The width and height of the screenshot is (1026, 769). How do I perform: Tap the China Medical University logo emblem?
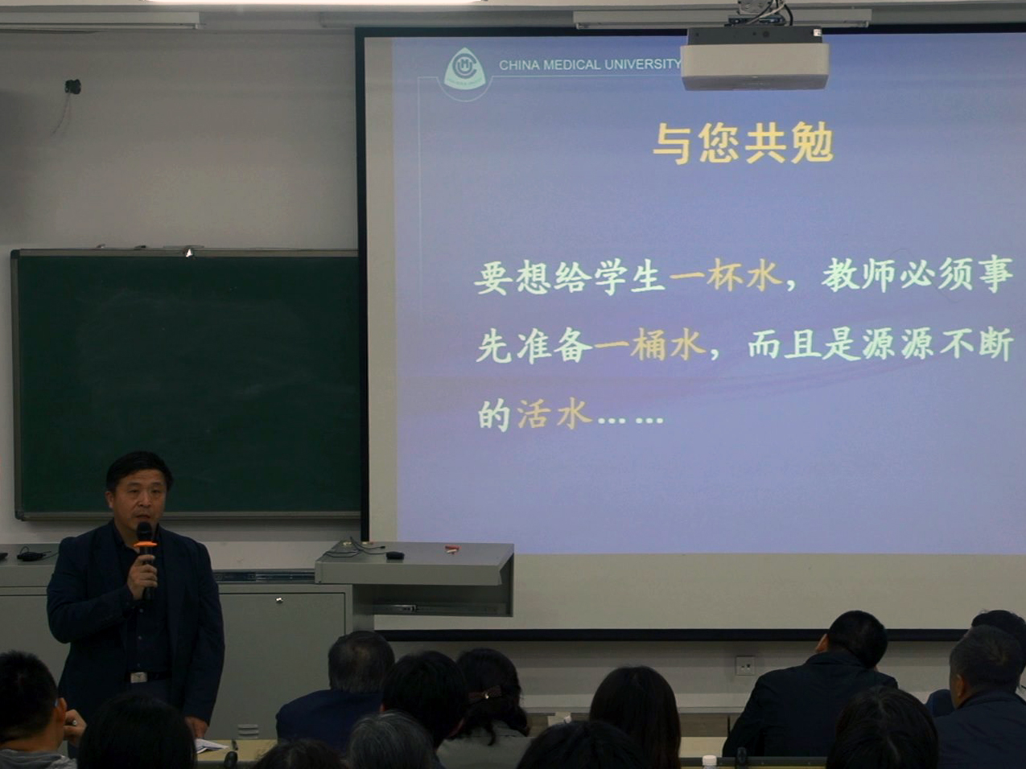464,70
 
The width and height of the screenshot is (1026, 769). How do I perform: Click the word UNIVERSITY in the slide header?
642,64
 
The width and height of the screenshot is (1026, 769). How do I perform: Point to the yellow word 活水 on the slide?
554,414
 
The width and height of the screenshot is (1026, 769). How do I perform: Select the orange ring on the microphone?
145,545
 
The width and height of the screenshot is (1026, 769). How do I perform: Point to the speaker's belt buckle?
138,677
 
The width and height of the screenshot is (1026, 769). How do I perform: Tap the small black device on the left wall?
72,87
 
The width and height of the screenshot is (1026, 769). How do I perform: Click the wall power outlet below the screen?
744,666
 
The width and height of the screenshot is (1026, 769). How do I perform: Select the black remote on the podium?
395,555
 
